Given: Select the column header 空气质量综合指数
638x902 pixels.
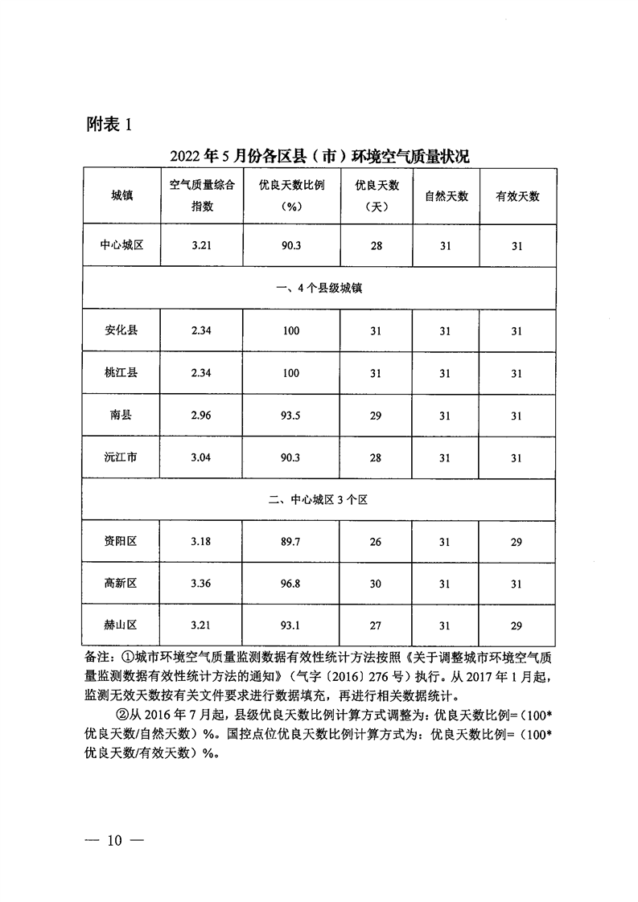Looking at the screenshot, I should tap(202, 195).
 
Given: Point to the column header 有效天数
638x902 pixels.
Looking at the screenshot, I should tap(517, 196).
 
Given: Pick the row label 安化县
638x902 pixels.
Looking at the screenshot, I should tap(121, 330).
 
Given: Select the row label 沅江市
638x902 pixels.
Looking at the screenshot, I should tap(121, 457).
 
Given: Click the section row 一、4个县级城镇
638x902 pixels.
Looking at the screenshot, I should tap(319, 288).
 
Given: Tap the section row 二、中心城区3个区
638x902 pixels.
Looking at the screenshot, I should tap(319, 499).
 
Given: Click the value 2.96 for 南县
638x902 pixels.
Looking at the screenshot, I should tap(202, 416).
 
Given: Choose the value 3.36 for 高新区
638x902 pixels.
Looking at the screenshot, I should tap(202, 584).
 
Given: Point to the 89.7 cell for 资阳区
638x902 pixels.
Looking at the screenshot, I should tap(291, 542).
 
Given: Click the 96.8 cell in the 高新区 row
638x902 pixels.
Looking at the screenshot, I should tap(291, 584).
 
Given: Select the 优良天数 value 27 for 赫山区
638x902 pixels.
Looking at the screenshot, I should tap(376, 626).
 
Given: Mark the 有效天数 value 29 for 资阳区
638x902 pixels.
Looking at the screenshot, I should tap(517, 542).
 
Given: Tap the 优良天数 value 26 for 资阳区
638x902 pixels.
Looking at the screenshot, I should tap(376, 542).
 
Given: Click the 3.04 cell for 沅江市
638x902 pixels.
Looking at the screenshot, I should tap(202, 457).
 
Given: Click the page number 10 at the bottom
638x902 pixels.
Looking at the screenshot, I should tap(113, 841).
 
